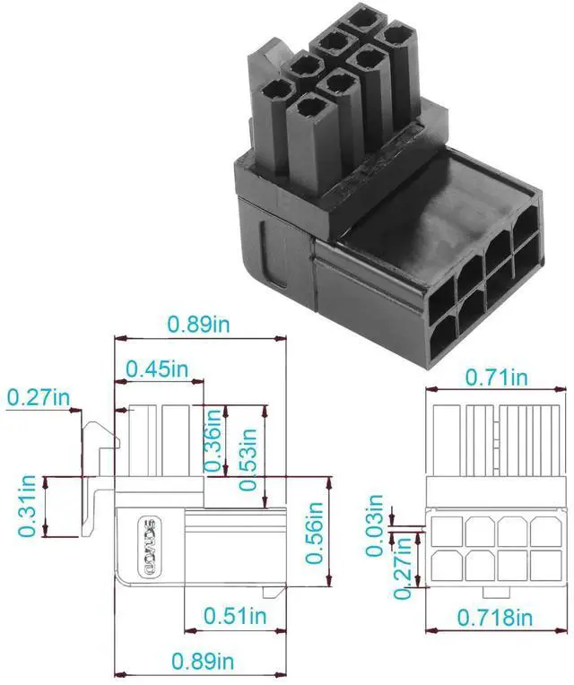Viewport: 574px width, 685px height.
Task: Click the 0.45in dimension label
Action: click(x=157, y=369)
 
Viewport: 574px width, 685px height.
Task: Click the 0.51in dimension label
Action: click(x=234, y=616)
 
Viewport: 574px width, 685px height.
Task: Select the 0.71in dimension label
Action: click(x=496, y=377)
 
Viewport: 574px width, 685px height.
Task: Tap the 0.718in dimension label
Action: click(x=495, y=617)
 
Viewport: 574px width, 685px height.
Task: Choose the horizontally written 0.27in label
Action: click(x=38, y=395)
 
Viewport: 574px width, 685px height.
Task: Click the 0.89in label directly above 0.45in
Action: click(x=198, y=324)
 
